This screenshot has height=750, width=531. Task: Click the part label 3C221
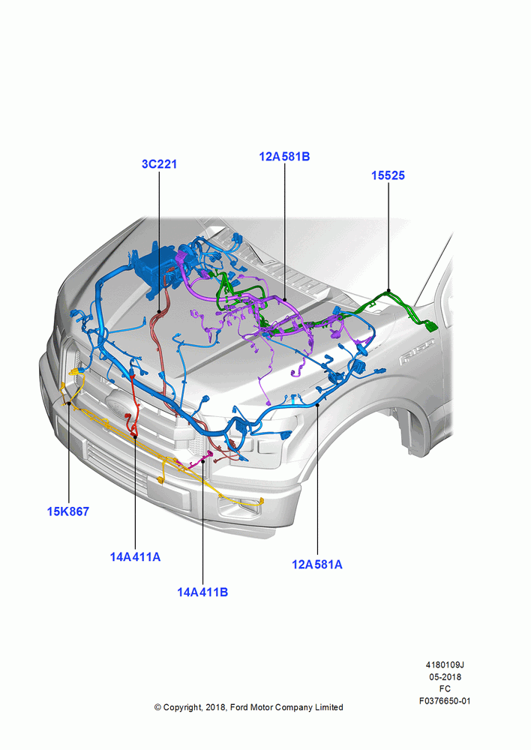click(x=159, y=164)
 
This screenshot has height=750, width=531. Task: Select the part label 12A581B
click(x=285, y=157)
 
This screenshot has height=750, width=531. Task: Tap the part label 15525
click(x=388, y=175)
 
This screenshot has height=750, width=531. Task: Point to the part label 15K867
click(x=68, y=511)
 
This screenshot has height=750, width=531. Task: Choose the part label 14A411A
click(x=136, y=556)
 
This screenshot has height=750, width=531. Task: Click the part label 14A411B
click(x=202, y=592)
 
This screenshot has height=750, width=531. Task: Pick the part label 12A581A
click(x=317, y=565)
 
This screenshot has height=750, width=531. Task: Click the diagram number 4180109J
click(x=445, y=664)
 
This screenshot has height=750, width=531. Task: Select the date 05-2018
click(x=445, y=676)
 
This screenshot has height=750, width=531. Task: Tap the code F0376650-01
click(x=445, y=700)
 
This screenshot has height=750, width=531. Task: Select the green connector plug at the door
click(x=431, y=326)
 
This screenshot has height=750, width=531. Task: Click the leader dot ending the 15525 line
click(x=388, y=291)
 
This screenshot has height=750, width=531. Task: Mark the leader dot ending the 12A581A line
click(x=318, y=405)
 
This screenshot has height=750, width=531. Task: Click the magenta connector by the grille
click(x=208, y=454)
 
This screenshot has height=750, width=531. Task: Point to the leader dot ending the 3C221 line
click(x=159, y=311)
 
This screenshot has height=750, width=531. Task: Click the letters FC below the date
click(x=445, y=688)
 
